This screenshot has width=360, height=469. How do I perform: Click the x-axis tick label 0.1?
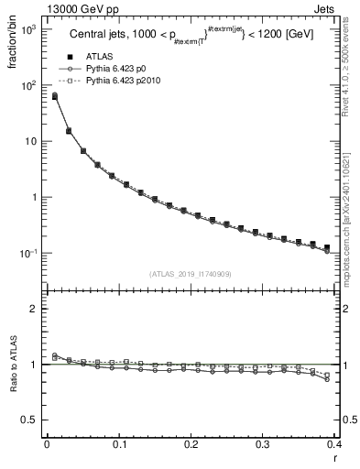pyautogui.click(x=119, y=444)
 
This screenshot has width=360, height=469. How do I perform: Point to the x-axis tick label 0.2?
pyautogui.click(x=191, y=444)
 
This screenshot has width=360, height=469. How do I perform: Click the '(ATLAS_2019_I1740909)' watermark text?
pyautogui.click(x=190, y=274)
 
